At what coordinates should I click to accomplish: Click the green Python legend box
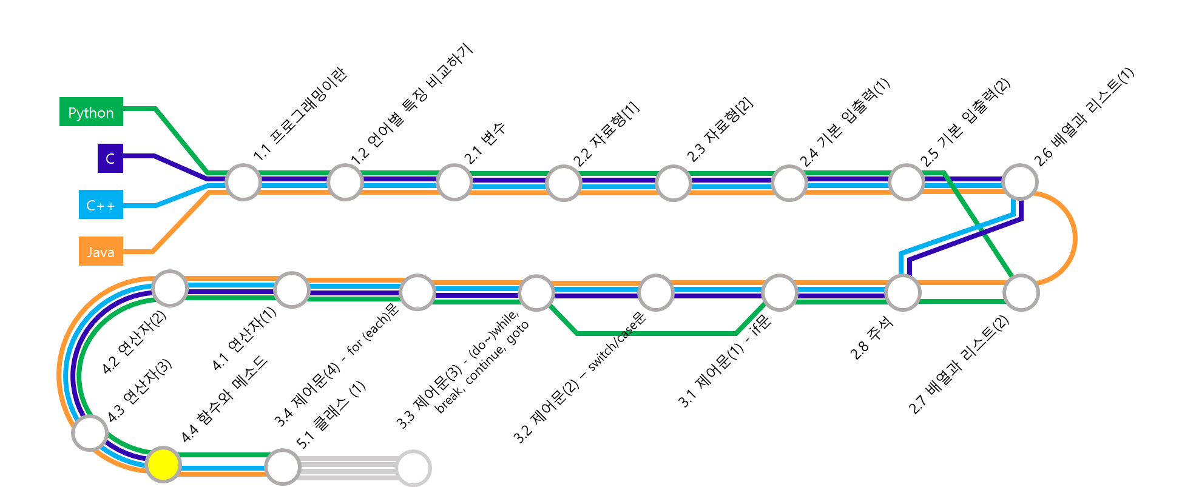pos(91,112)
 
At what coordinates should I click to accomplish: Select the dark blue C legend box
pos(110,158)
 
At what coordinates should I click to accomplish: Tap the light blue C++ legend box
pos(101,204)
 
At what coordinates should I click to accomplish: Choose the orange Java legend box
pos(101,251)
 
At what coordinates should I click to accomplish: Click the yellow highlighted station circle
pos(163,465)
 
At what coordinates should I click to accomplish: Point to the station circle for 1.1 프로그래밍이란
pos(243,182)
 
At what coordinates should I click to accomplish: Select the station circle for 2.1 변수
pos(454,182)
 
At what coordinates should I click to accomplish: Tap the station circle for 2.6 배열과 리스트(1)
pos(1020,181)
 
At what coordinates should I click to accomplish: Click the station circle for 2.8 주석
pos(903,292)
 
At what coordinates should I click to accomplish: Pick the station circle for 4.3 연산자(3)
pos(90,433)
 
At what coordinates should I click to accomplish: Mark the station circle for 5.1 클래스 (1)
pos(283,467)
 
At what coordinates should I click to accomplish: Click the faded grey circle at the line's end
pos(413,468)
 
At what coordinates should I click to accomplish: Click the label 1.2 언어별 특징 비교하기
pos(411,104)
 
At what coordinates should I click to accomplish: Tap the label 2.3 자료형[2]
pos(720,130)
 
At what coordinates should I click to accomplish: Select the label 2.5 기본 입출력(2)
pos(965,123)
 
